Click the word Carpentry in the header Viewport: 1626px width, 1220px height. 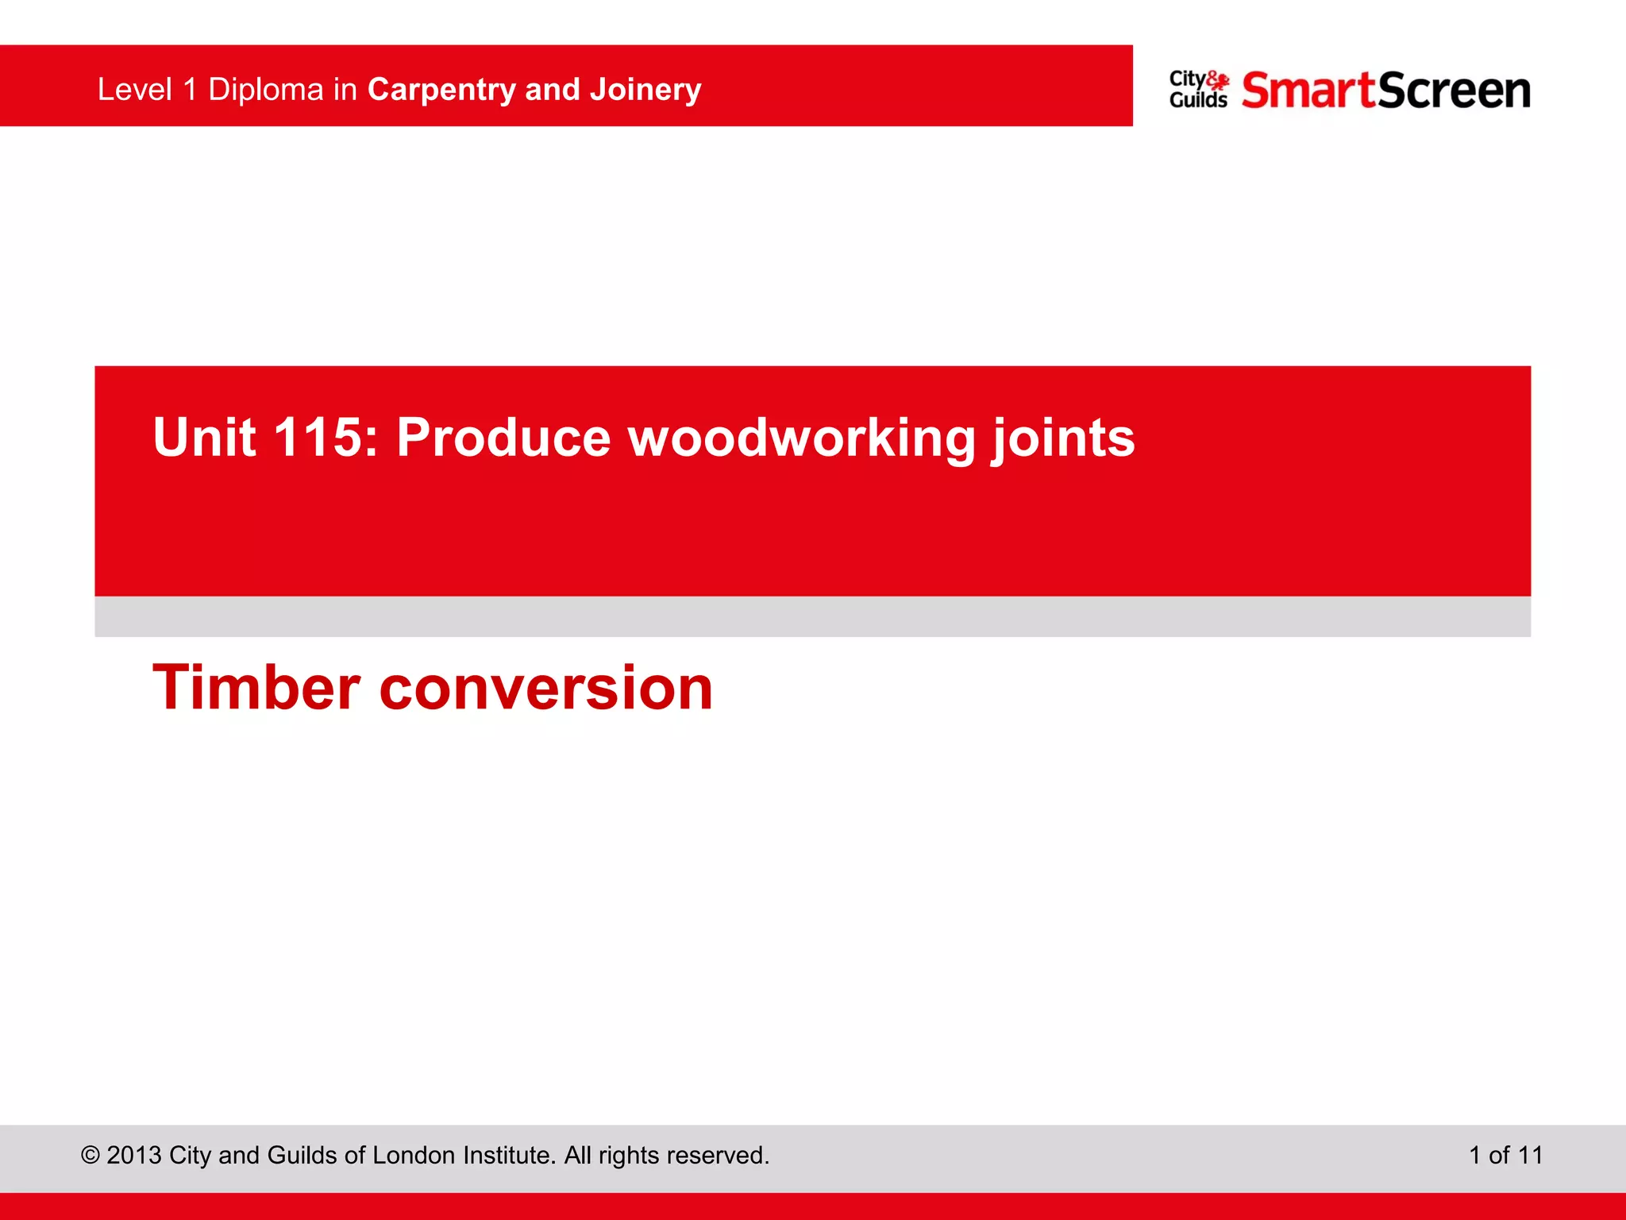(441, 90)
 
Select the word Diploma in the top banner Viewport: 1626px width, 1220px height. (265, 90)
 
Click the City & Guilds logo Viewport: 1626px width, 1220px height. (1198, 90)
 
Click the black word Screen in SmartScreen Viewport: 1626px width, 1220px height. (1454, 90)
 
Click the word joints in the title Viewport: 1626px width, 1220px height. (1063, 438)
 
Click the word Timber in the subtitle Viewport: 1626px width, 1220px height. (256, 688)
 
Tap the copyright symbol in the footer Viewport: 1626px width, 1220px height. (90, 1155)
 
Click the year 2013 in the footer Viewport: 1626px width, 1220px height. (134, 1155)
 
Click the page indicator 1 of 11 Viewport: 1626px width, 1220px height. (1505, 1155)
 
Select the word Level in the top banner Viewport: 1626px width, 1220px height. (134, 90)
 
